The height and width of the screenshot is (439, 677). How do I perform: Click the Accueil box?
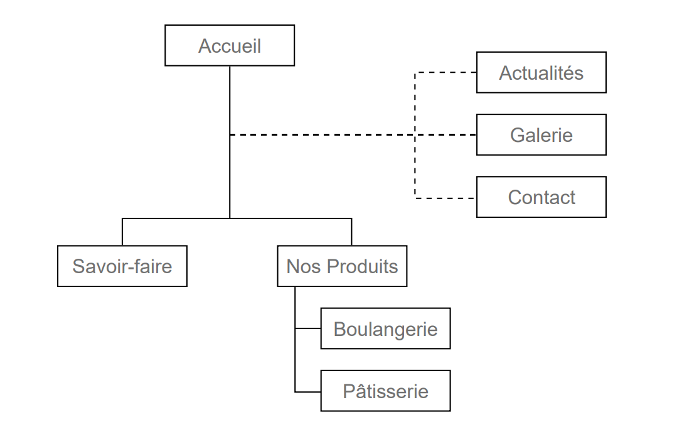pyautogui.click(x=230, y=45)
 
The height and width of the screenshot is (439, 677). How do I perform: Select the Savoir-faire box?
pyautogui.click(x=122, y=266)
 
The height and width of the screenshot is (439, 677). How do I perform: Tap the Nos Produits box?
pyautogui.click(x=342, y=266)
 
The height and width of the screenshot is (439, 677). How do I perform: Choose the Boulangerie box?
pyautogui.click(x=385, y=328)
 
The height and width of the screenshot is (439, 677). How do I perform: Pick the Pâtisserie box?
pyautogui.click(x=385, y=391)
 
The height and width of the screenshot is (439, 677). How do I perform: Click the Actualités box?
pyautogui.click(x=541, y=73)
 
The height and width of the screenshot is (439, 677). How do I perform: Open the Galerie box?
pyautogui.click(x=541, y=134)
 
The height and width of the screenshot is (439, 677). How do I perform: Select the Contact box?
pyautogui.click(x=541, y=197)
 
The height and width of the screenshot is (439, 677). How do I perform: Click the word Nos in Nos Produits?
pyautogui.click(x=299, y=266)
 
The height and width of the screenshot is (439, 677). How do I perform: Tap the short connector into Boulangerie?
pyautogui.click(x=307, y=328)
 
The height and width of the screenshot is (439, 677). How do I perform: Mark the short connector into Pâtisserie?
pyautogui.click(x=307, y=391)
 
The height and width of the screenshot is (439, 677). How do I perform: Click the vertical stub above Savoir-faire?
pyautogui.click(x=122, y=232)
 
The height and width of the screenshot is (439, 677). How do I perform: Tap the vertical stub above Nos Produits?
pyautogui.click(x=351, y=232)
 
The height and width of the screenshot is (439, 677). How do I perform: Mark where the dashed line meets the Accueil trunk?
pyautogui.click(x=230, y=134)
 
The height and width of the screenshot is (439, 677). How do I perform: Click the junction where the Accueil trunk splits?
pyautogui.click(x=230, y=219)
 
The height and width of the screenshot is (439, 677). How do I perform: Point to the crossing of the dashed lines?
pyautogui.click(x=415, y=134)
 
